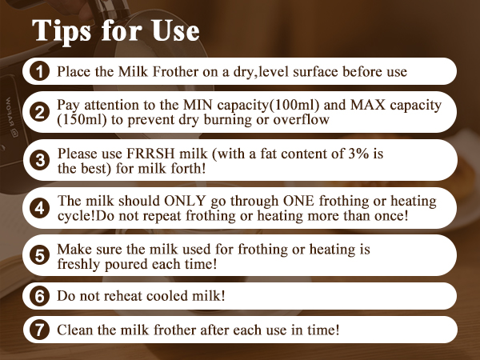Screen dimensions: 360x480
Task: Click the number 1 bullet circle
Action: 39,72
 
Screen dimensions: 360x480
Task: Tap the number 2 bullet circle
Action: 39,113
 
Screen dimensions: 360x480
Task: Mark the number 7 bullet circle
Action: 39,329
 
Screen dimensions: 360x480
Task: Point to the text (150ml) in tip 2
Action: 80,120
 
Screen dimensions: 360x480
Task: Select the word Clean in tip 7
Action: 74,329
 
